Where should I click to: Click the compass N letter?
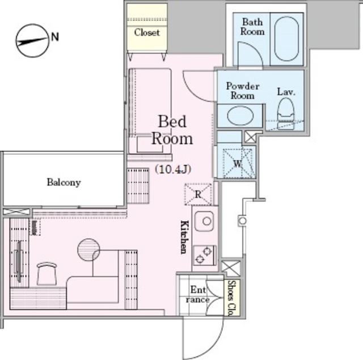(x=54, y=37)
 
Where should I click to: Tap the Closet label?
(x=147, y=32)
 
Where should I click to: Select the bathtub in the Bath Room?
(x=286, y=39)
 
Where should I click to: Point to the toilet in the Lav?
(x=286, y=114)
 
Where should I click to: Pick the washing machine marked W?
(x=237, y=164)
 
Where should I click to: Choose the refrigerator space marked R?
(x=198, y=194)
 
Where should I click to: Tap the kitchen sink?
(x=204, y=221)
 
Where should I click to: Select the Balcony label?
(x=64, y=183)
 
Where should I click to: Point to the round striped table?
(x=88, y=249)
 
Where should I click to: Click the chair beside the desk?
(x=47, y=274)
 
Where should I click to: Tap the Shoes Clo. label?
(x=231, y=298)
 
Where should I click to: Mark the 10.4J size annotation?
(x=173, y=170)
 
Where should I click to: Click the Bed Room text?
(x=172, y=130)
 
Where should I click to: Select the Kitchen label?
(x=184, y=238)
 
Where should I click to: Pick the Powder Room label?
(x=243, y=91)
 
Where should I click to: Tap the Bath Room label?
(x=252, y=27)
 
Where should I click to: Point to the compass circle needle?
(x=32, y=41)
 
